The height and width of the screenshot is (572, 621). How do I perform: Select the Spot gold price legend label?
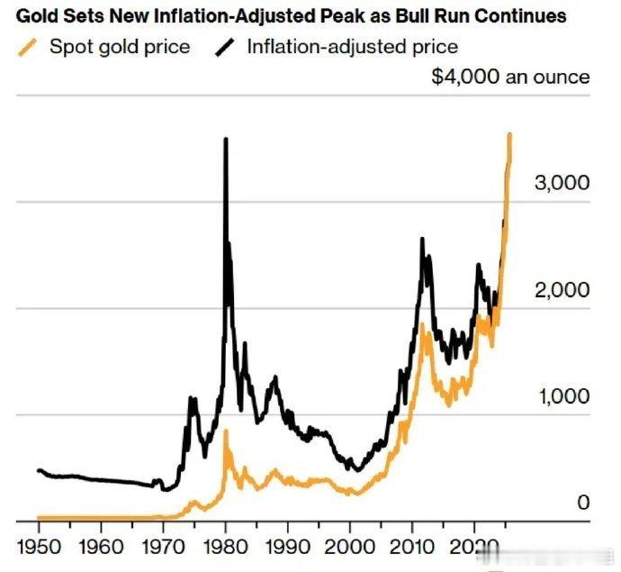pyautogui.click(x=120, y=47)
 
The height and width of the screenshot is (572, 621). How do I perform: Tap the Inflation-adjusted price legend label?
pyautogui.click(x=352, y=47)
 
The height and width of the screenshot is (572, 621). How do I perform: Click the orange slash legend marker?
pyautogui.click(x=29, y=47)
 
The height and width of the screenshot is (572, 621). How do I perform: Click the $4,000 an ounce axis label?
pyautogui.click(x=510, y=77)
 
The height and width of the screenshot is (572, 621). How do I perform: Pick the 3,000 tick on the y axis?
pyautogui.click(x=562, y=183)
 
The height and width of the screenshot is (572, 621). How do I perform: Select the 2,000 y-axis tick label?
pyautogui.click(x=562, y=290)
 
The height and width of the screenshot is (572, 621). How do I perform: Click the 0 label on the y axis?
pyautogui.click(x=583, y=503)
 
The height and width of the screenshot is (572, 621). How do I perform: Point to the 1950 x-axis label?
pyautogui.click(x=39, y=546)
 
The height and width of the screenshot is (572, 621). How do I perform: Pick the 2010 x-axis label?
pyautogui.click(x=411, y=546)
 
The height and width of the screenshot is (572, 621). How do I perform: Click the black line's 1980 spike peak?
pyautogui.click(x=225, y=140)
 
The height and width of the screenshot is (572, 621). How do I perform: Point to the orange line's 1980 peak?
pyautogui.click(x=226, y=432)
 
